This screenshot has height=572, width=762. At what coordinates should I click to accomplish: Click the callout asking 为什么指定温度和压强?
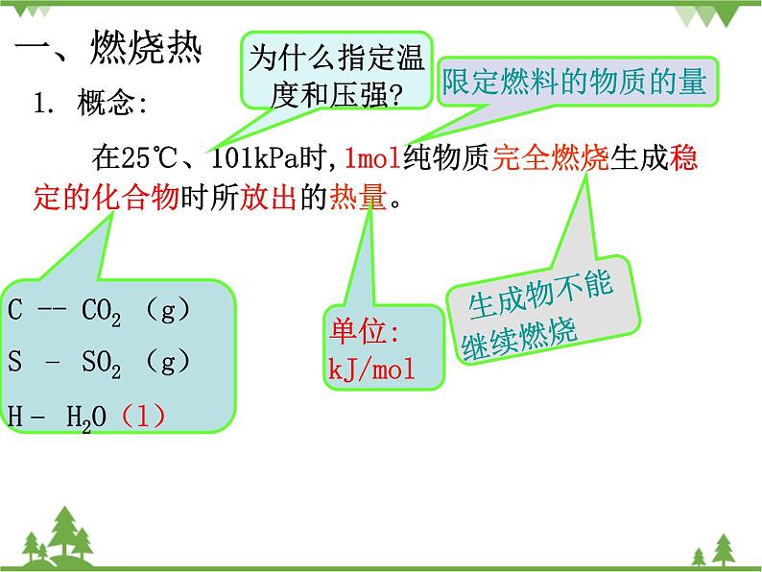pyautogui.click(x=334, y=75)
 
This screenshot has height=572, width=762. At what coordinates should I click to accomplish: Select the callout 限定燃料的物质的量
pyautogui.click(x=573, y=82)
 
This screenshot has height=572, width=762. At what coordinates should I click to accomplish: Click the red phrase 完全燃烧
pyautogui.click(x=551, y=156)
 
